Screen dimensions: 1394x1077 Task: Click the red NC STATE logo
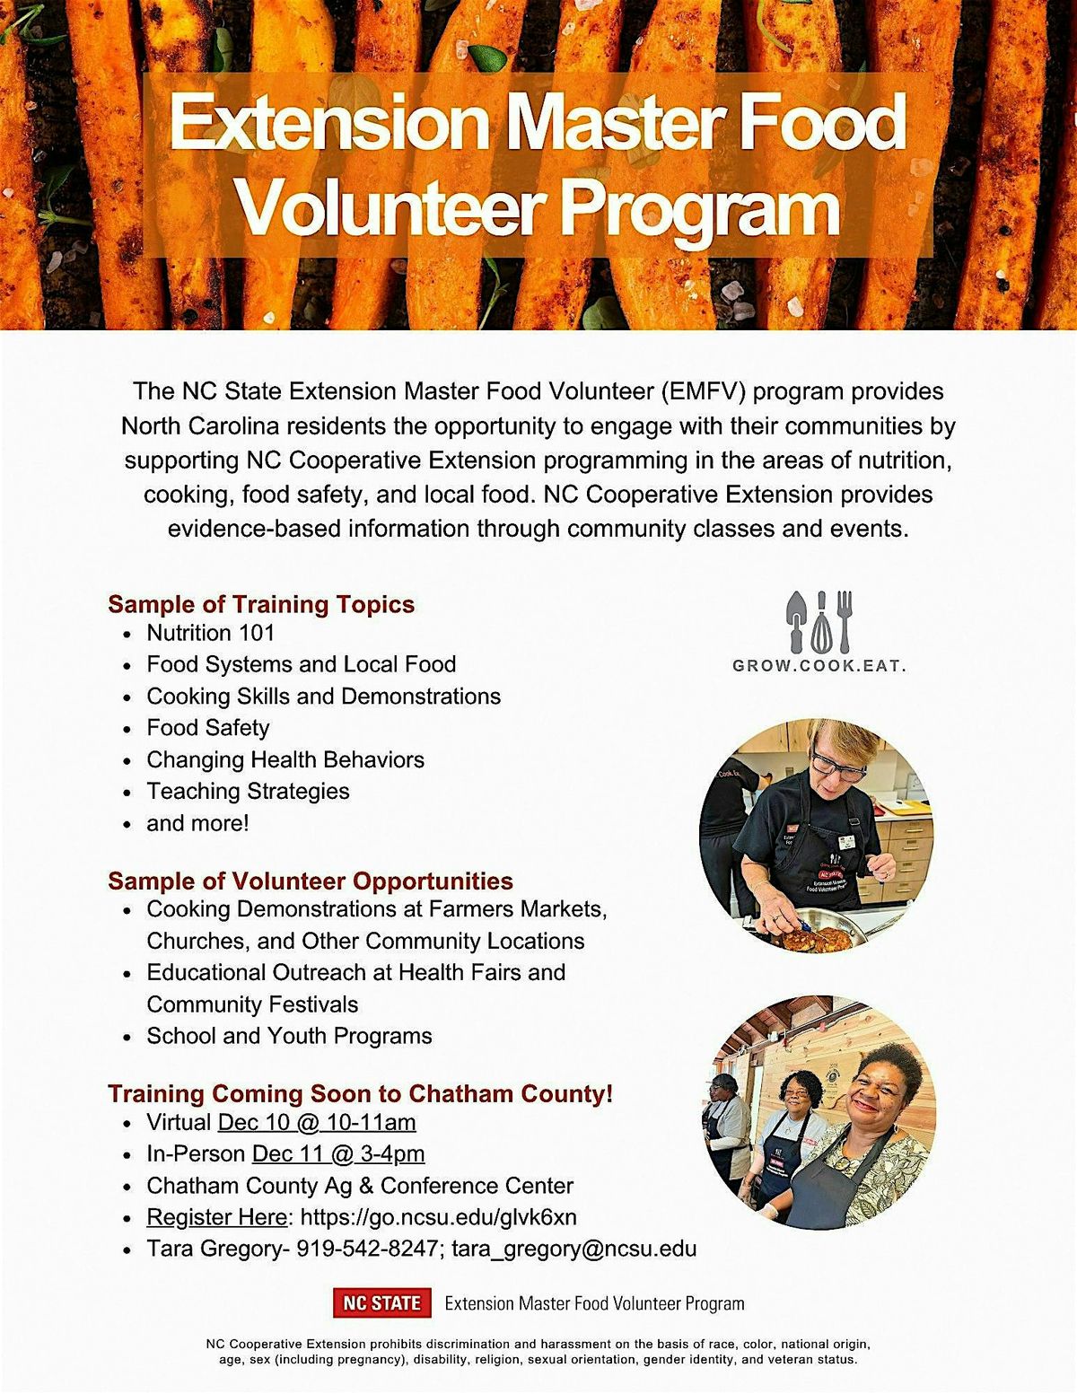381,1302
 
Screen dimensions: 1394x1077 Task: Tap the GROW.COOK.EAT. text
819,666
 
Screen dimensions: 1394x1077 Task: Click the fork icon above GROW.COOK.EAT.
843,620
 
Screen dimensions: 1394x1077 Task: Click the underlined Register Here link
215,1217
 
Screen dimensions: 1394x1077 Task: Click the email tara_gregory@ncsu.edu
574,1249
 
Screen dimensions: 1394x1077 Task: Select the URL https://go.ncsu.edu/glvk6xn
438,1217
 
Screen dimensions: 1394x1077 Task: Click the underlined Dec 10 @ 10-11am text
317,1122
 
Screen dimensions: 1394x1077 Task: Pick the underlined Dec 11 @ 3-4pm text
338,1153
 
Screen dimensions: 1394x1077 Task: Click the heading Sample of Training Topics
261,604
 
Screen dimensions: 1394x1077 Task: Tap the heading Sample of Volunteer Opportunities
311,881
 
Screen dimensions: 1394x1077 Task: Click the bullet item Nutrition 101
211,633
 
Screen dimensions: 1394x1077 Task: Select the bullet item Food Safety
208,728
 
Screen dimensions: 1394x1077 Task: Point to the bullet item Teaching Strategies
248,792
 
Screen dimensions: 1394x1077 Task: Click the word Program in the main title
700,209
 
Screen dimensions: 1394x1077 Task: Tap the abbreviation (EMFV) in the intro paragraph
704,391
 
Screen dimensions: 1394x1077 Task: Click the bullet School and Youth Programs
289,1036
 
